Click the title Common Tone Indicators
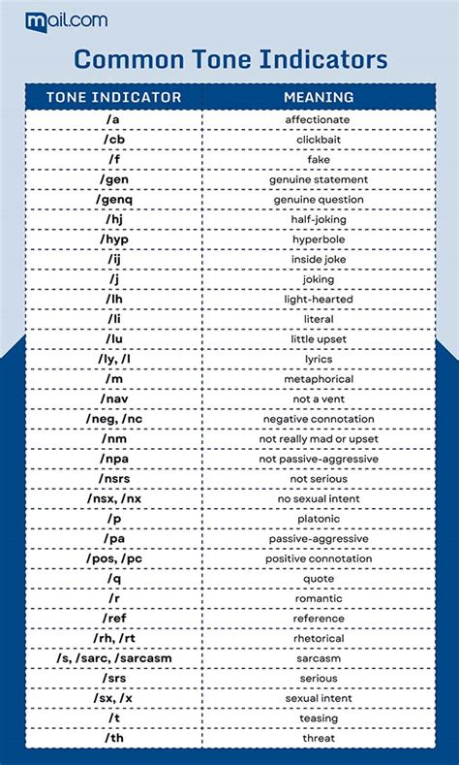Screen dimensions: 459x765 click(x=230, y=59)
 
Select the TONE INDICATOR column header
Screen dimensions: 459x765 click(x=114, y=97)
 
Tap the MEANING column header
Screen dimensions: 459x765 click(x=319, y=97)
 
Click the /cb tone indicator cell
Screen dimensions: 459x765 click(x=114, y=140)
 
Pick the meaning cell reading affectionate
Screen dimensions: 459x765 click(x=318, y=119)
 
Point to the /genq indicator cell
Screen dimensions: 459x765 click(x=114, y=200)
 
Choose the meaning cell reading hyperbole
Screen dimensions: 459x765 click(x=318, y=239)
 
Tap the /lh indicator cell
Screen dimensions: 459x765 click(x=114, y=300)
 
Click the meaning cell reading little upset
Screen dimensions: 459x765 click(x=318, y=339)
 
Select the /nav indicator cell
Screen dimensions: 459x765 click(x=114, y=399)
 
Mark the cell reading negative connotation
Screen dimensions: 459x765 click(x=318, y=419)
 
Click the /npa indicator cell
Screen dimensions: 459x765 click(x=114, y=459)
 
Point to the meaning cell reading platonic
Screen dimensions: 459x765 click(x=318, y=519)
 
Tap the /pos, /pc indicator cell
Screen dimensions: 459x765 click(x=114, y=558)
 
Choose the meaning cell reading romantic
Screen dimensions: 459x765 click(x=318, y=598)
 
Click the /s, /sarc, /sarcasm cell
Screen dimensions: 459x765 click(x=114, y=658)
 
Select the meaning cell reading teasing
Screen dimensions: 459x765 click(x=318, y=718)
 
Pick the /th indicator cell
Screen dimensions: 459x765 click(x=114, y=738)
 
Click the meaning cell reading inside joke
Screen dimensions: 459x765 click(x=318, y=260)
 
